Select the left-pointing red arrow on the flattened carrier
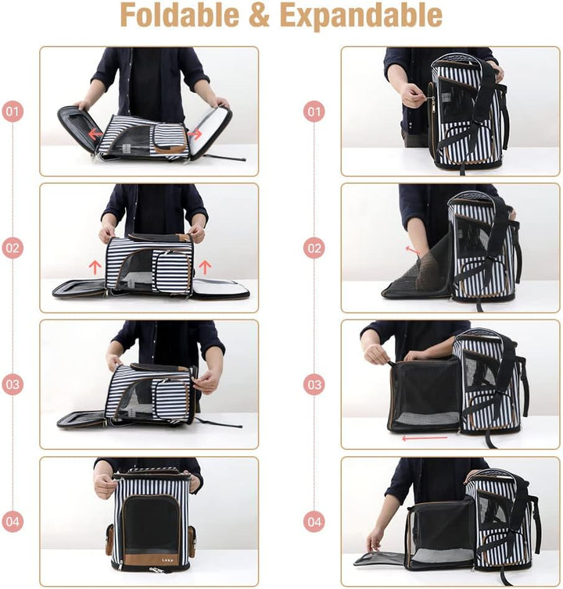coord(95,134)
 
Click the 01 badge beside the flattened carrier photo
coord(13,112)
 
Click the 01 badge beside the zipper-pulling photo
coord(314,112)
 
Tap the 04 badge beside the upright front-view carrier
coord(13,521)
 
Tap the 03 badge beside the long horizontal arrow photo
coord(314,384)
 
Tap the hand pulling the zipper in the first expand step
coord(411,95)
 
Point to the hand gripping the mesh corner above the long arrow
coord(377,354)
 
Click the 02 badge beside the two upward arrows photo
coord(13,248)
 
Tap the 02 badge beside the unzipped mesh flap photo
coord(314,248)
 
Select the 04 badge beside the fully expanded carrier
coord(314,521)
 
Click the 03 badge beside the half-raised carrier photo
coord(13,384)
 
